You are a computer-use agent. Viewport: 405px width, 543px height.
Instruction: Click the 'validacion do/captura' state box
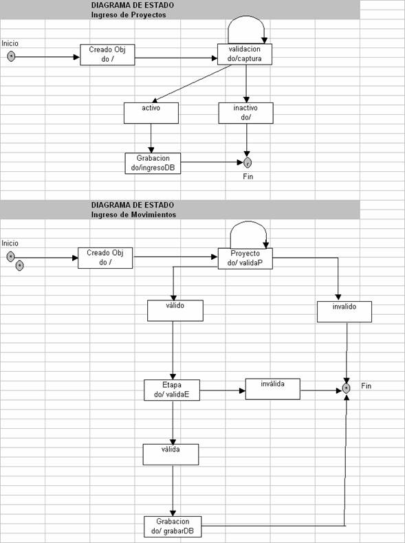pyautogui.click(x=245, y=54)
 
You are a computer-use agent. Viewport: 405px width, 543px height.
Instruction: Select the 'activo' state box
pyautogui.click(x=151, y=113)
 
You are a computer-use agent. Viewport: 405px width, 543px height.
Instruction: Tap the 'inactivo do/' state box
pyautogui.click(x=245, y=113)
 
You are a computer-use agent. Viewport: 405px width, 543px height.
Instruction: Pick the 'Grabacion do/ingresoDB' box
pyautogui.click(x=153, y=164)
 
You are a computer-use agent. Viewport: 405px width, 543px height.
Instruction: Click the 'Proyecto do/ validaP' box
pyautogui.click(x=245, y=258)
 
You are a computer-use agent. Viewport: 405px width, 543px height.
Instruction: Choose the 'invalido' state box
pyautogui.click(x=344, y=311)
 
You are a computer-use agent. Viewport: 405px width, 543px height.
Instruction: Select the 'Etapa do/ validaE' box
pyautogui.click(x=172, y=390)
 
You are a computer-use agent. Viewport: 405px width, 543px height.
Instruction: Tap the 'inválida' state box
pyautogui.click(x=273, y=389)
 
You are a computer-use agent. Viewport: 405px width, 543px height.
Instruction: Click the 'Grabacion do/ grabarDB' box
pyautogui.click(x=173, y=527)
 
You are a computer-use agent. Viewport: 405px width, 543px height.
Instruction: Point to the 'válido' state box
pyautogui.click(x=175, y=311)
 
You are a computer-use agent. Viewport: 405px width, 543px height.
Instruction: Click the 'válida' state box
pyautogui.click(x=171, y=454)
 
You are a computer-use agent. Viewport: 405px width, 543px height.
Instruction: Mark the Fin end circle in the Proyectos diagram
pyautogui.click(x=248, y=162)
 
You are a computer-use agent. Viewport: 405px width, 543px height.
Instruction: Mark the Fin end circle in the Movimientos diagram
pyautogui.click(x=346, y=388)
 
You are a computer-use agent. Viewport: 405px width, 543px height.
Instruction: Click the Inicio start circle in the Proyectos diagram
pyautogui.click(x=11, y=56)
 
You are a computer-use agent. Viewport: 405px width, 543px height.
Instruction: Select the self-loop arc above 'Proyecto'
pyautogui.click(x=248, y=221)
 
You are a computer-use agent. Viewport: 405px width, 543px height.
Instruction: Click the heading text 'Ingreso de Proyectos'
pyautogui.click(x=129, y=15)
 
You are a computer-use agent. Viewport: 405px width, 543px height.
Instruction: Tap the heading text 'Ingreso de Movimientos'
pyautogui.click(x=133, y=214)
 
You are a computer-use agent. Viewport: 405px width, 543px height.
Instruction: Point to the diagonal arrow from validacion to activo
pyautogui.click(x=192, y=83)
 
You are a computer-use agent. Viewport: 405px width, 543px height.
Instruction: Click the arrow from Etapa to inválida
pyautogui.click(x=222, y=390)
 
